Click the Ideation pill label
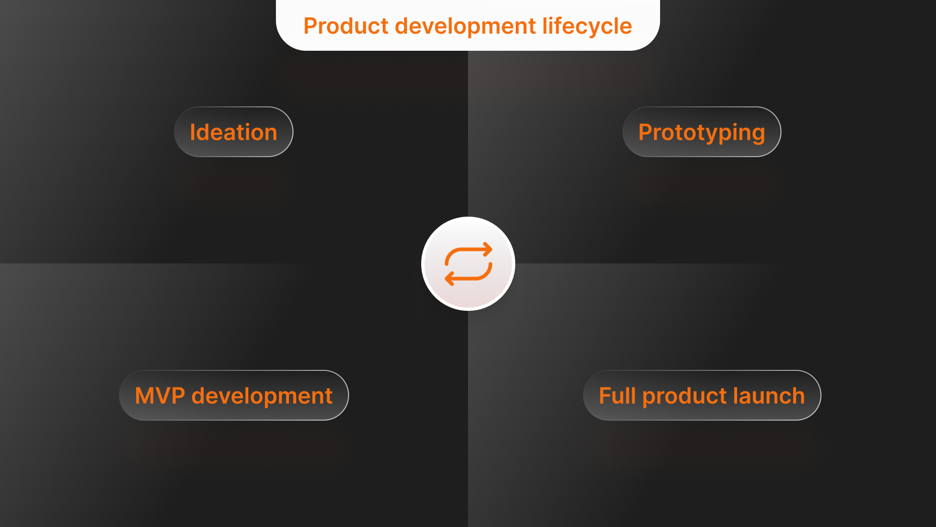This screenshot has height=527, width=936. [234, 132]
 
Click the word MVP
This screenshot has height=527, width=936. [160, 396]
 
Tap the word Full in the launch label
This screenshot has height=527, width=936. [617, 396]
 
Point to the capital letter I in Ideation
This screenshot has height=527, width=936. [192, 132]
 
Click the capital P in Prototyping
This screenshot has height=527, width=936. [646, 132]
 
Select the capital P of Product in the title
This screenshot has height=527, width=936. [311, 26]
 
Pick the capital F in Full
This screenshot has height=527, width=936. [605, 396]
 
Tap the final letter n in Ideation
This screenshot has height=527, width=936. [271, 135]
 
